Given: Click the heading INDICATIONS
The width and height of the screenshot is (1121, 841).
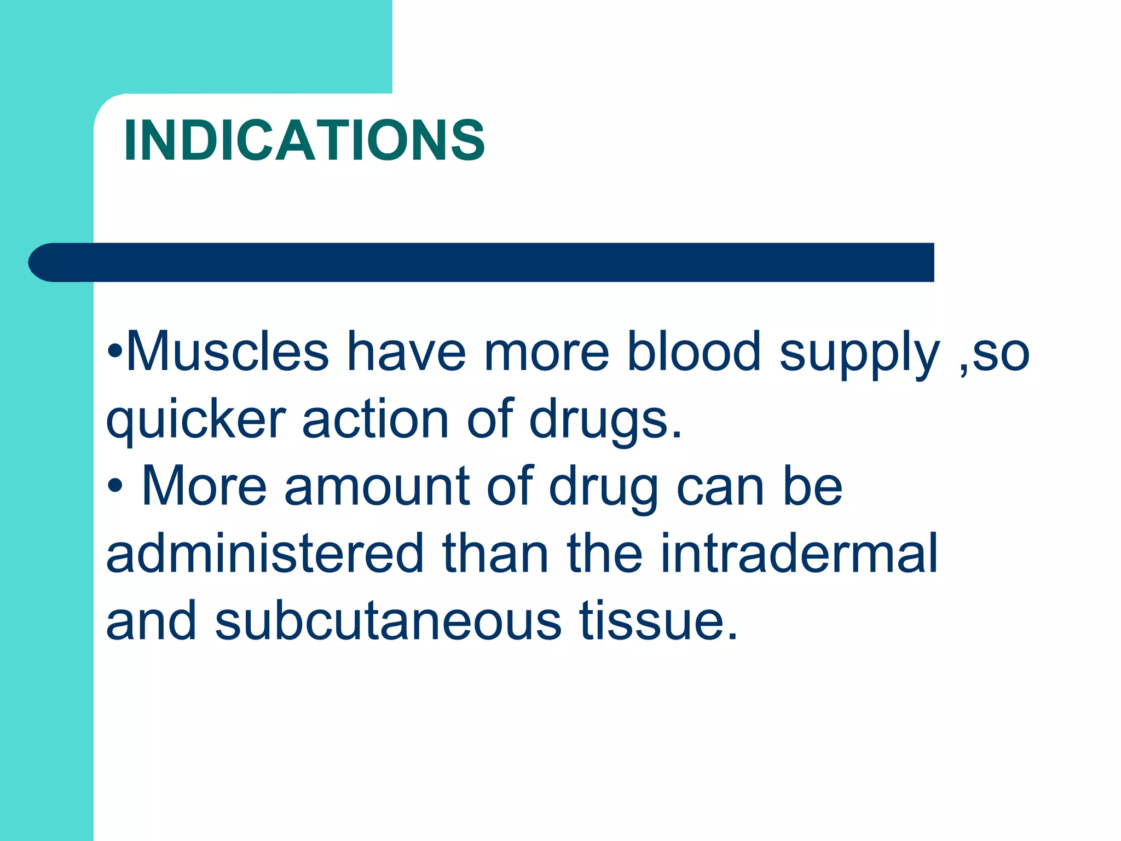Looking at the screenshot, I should click(x=304, y=141).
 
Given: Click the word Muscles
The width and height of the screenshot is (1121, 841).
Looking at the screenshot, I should click(x=227, y=352).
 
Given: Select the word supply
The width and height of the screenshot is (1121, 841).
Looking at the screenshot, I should click(x=859, y=355).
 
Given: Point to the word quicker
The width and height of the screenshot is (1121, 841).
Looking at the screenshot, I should click(x=195, y=420).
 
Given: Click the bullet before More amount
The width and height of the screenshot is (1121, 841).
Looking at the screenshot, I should click(x=115, y=486).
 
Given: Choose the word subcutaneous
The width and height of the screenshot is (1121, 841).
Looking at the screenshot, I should click(x=388, y=621).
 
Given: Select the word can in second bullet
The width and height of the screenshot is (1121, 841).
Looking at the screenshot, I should click(x=720, y=487).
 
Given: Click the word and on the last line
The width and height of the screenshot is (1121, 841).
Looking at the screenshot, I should click(x=151, y=621).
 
